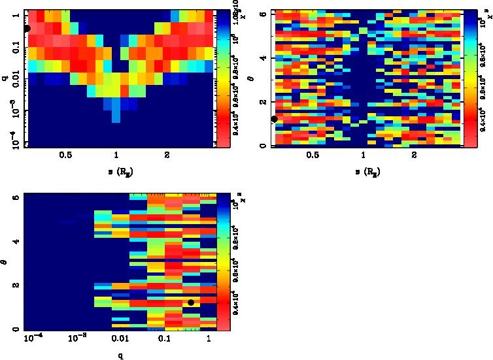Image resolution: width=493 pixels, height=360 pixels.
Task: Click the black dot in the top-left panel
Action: point(27,28)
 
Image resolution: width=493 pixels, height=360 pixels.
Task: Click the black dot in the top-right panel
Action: point(275,119)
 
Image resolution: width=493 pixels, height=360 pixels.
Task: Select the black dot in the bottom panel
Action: point(190,303)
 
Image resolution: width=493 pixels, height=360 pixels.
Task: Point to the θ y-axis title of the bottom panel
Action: point(5,263)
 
